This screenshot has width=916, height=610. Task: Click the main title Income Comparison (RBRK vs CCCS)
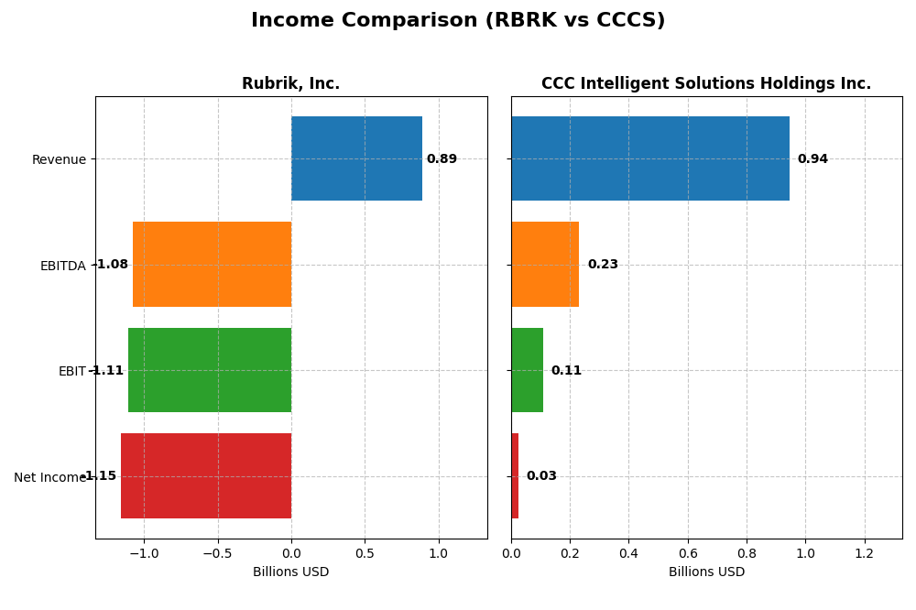tap(458, 21)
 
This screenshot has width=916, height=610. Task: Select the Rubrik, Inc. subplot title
tap(290, 84)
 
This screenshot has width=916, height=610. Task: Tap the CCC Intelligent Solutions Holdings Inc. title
tap(706, 84)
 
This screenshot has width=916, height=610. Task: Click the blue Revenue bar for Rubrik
tap(356, 158)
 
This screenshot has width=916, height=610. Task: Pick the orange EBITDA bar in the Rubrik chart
tap(212, 264)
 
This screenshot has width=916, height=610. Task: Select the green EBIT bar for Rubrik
tap(210, 370)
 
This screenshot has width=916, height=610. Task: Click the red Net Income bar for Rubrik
tap(206, 475)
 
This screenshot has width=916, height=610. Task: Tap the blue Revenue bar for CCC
tap(650, 158)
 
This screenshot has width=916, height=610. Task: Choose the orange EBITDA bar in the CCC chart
tap(545, 264)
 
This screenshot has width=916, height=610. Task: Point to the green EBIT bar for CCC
tap(527, 370)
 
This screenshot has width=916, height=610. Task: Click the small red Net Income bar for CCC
tap(515, 475)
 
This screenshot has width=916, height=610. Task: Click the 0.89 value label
tap(442, 159)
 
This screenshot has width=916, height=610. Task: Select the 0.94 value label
tap(812, 159)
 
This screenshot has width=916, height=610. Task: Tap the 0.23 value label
tap(603, 265)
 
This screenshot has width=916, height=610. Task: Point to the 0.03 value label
tap(541, 476)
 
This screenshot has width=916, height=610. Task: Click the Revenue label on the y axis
tap(59, 160)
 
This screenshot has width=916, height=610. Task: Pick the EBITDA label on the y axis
tap(62, 267)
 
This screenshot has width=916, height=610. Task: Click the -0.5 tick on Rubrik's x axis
tap(217, 553)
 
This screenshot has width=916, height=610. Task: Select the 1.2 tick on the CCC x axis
tap(864, 553)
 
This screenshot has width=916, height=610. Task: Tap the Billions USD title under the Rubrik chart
tap(290, 572)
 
